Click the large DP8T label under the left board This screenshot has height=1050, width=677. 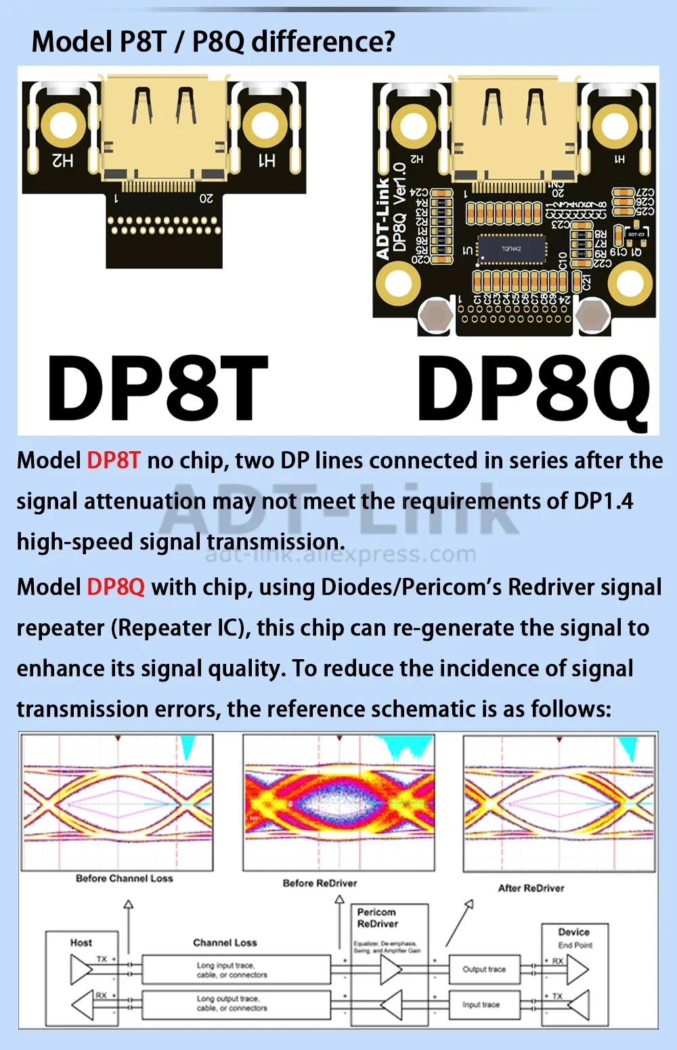click(x=157, y=388)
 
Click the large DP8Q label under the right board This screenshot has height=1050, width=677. click(x=533, y=390)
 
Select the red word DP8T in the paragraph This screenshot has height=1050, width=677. click(x=114, y=461)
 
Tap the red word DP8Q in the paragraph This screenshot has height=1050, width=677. click(x=116, y=587)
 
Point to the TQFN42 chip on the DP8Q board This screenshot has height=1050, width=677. click(x=511, y=249)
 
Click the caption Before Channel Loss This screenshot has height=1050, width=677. click(x=124, y=879)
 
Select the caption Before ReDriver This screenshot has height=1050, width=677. click(x=320, y=883)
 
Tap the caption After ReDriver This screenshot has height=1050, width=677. click(x=531, y=888)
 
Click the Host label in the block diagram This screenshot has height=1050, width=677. click(x=81, y=942)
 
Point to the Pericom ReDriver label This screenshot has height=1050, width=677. click(x=378, y=918)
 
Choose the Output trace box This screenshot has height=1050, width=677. click(x=484, y=969)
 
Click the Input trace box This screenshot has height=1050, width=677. click(x=481, y=1005)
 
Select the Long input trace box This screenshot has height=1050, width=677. click(x=232, y=970)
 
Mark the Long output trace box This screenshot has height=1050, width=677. click(x=232, y=1003)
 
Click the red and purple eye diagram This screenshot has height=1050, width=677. click(x=339, y=803)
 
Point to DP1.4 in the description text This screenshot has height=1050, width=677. click(x=603, y=501)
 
